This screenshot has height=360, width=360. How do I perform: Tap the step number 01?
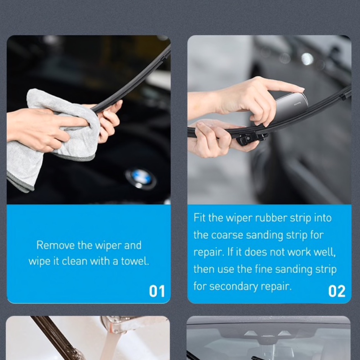(157, 291)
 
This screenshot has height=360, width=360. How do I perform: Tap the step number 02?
(337, 291)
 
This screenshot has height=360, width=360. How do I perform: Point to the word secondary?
(233, 286)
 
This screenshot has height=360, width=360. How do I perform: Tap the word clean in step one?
(74, 261)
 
